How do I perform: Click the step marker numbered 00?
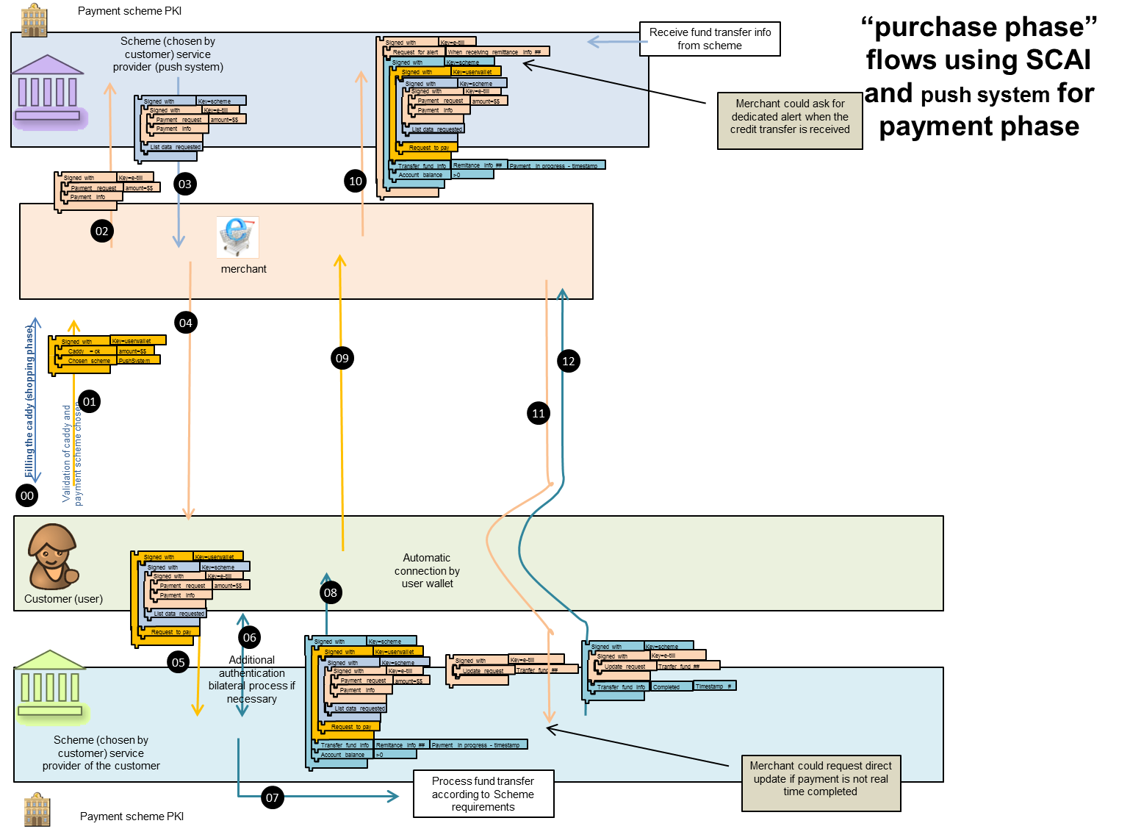pos(27,495)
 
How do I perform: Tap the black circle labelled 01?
pos(90,401)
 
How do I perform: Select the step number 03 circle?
pos(185,184)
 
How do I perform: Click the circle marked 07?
pos(273,797)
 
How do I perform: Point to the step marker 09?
pos(342,358)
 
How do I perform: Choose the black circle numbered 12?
pos(569,361)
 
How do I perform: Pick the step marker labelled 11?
pos(539,413)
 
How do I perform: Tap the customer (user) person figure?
pos(51,556)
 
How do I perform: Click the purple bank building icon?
pos(48,91)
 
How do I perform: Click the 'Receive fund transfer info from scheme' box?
pos(710,39)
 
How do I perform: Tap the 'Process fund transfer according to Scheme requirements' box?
pos(483,794)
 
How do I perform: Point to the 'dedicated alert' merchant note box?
pos(790,117)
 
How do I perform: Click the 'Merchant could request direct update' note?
pos(821,779)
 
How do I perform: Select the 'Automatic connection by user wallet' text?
pos(427,571)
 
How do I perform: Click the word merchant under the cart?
pos(244,269)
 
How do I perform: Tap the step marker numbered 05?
pos(179,662)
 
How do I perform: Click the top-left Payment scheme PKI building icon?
pos(34,20)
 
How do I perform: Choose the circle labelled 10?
pos(356,181)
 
